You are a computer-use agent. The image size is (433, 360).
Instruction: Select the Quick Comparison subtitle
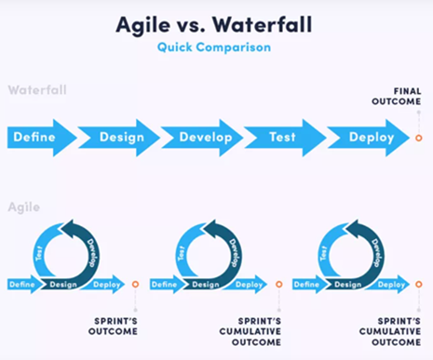click(216, 46)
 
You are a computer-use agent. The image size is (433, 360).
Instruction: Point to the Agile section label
click(23, 207)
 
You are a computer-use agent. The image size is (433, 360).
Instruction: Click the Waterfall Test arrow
click(282, 137)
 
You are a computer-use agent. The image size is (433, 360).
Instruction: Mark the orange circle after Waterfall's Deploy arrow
click(418, 138)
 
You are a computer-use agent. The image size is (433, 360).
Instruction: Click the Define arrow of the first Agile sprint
click(22, 285)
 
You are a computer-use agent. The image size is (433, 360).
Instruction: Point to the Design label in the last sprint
click(349, 285)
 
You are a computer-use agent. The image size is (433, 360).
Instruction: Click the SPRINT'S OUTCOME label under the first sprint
click(113, 326)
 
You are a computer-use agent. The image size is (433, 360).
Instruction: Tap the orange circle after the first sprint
click(135, 284)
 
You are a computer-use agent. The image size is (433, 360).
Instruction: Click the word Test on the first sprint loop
click(39, 251)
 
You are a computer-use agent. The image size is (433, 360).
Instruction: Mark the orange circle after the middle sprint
click(278, 284)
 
